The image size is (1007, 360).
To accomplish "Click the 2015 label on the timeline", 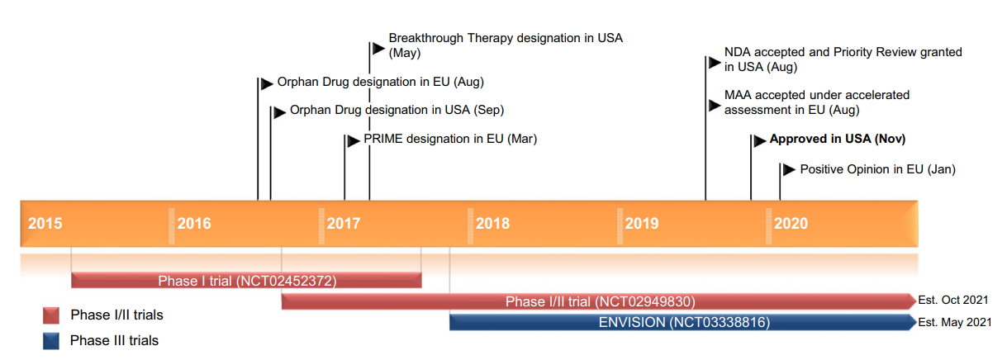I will (x=45, y=224).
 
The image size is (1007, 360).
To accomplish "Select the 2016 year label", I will (x=194, y=224).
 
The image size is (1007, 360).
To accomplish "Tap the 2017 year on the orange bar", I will (x=344, y=224).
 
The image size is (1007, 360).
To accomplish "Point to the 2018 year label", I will (x=493, y=224).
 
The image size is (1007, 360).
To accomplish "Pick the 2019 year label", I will (x=642, y=224).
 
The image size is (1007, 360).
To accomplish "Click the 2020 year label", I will (x=791, y=224).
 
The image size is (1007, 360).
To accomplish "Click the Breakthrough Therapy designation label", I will (x=505, y=39).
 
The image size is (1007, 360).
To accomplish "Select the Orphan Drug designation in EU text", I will (x=380, y=83).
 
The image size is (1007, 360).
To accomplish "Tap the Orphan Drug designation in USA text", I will (x=397, y=110).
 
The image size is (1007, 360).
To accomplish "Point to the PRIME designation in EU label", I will (x=450, y=139).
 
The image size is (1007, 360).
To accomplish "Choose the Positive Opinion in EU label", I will (x=877, y=169).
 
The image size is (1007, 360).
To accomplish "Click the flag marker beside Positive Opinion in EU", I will (x=788, y=169).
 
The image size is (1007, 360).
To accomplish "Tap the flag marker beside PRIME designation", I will (x=353, y=140).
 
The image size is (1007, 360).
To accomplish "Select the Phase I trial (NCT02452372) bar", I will (x=247, y=281).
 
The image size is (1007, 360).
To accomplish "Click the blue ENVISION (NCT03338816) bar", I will (x=683, y=322).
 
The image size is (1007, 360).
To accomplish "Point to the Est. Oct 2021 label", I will (x=953, y=300).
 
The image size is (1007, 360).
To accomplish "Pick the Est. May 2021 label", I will (x=954, y=322).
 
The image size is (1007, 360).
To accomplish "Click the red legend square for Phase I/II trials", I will (x=51, y=315).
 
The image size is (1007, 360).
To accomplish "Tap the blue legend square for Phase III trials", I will (x=51, y=340).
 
